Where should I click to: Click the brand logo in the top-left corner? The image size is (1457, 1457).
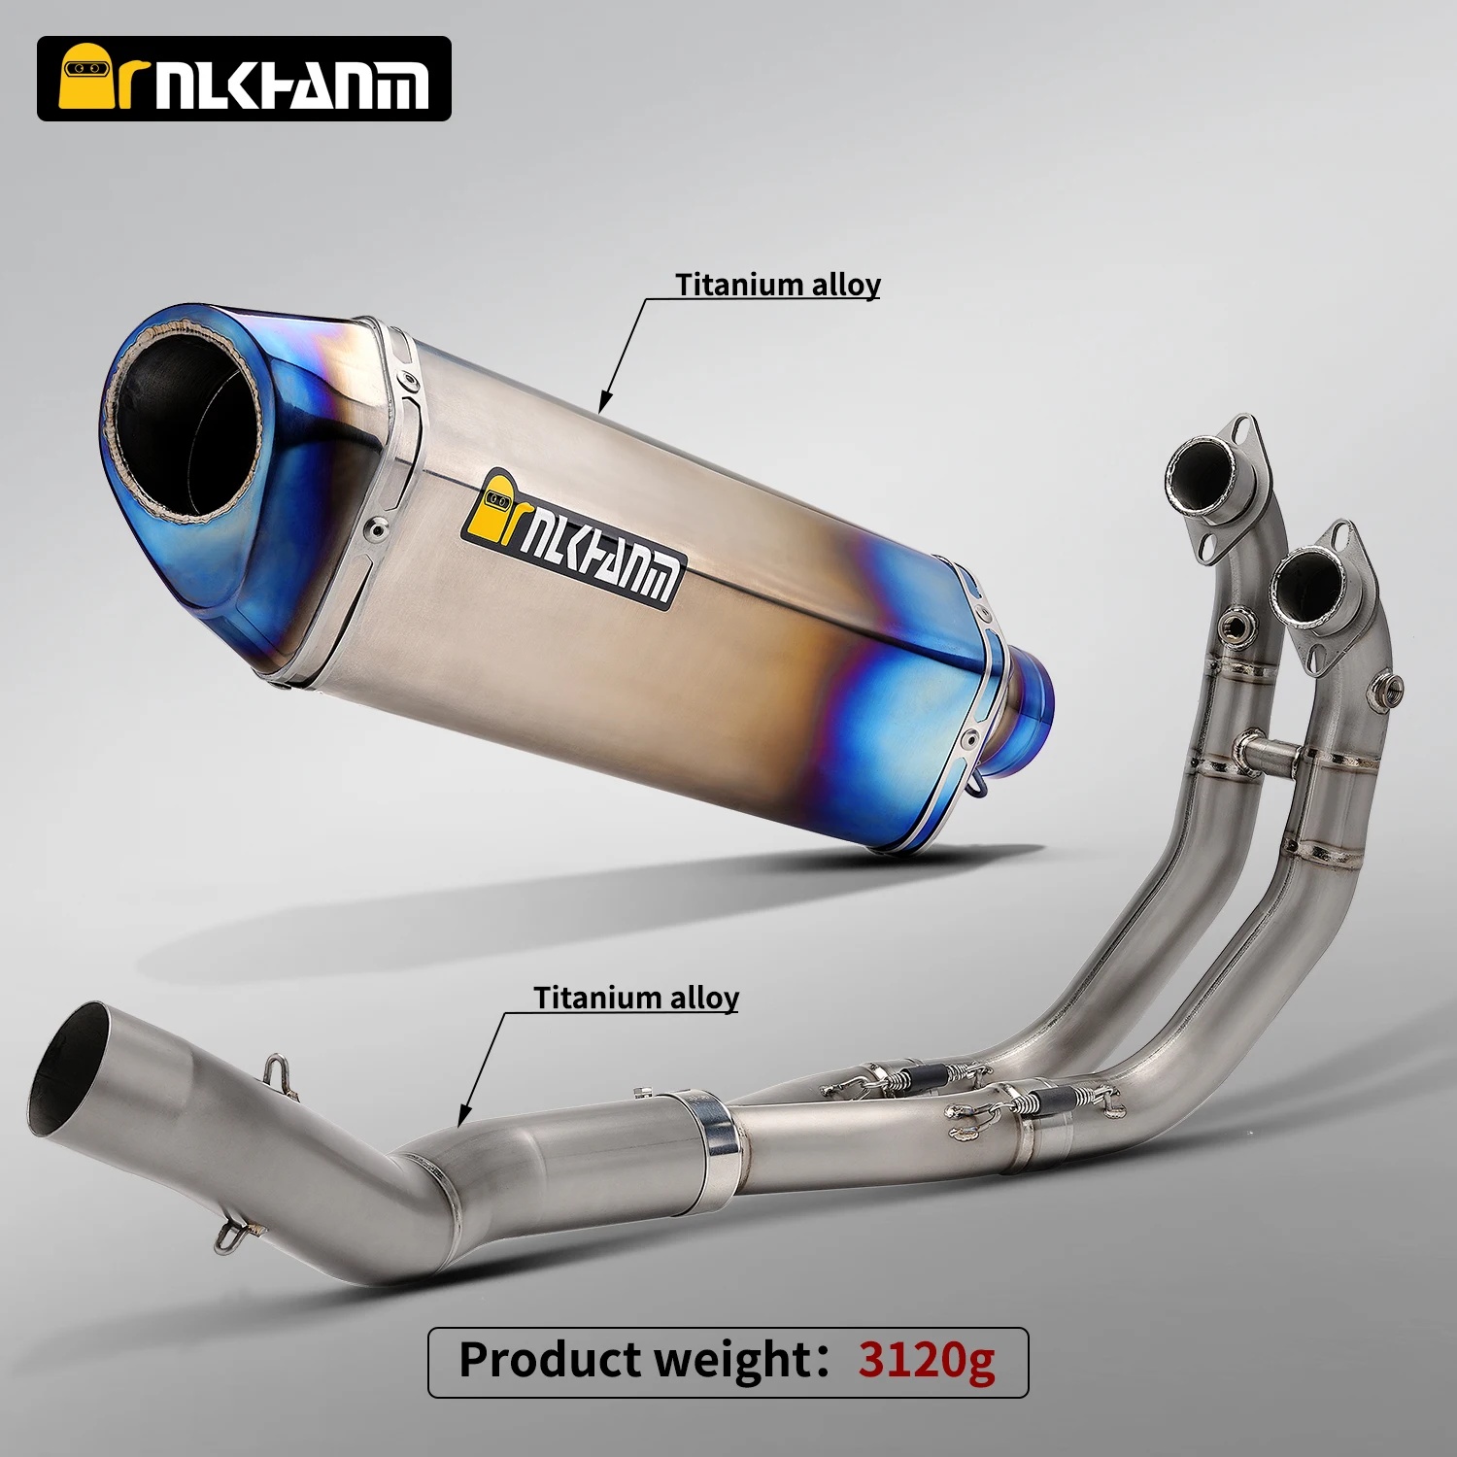(244, 79)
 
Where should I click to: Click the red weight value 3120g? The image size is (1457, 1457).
(926, 1360)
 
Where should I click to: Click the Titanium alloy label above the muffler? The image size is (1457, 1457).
(778, 285)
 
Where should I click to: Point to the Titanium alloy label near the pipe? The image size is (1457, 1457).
(636, 998)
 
